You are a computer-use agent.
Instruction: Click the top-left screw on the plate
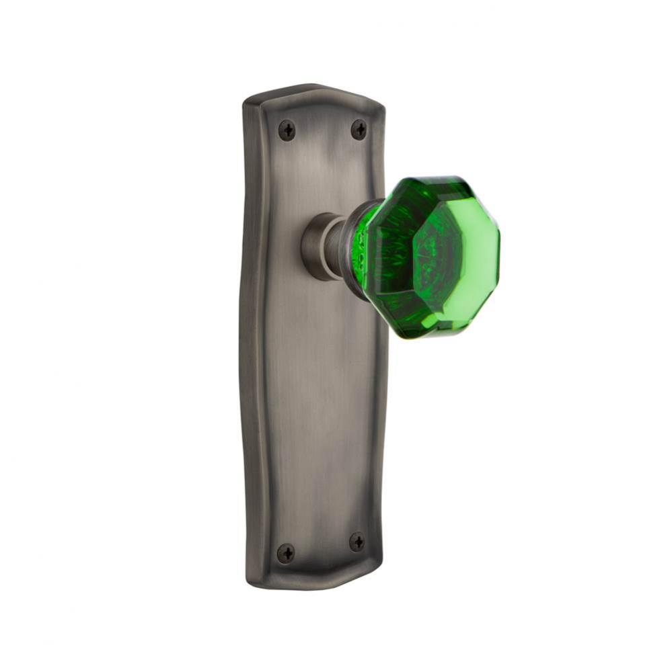coord(287,130)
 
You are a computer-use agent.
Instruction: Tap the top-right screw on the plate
coord(359,129)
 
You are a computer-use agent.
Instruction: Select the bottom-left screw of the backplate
coord(286,552)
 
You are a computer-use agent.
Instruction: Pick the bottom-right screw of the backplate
coord(357,542)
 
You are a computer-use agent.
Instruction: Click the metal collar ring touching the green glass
coord(350,245)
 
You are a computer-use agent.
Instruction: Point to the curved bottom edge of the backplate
coord(313,583)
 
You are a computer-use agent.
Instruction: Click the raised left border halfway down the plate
coord(251,336)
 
